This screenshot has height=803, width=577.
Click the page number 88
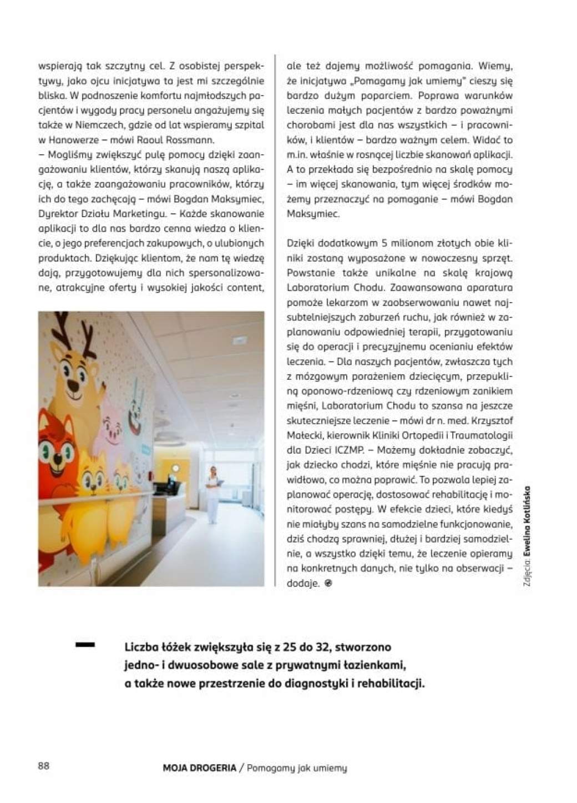point(43,766)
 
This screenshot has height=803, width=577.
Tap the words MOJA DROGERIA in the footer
point(199,768)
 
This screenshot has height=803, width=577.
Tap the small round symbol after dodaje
point(328,584)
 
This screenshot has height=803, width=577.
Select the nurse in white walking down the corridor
point(212,494)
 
